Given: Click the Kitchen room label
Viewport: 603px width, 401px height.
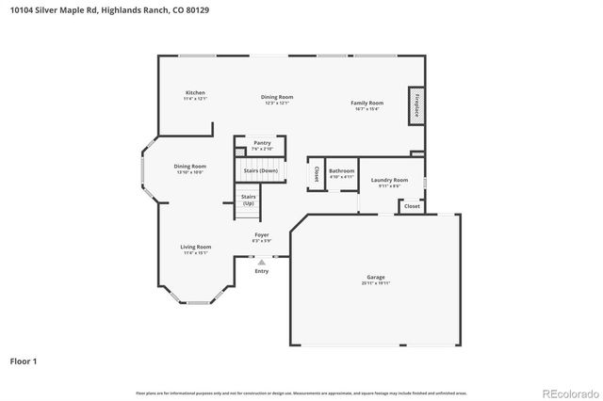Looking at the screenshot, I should pos(195,92).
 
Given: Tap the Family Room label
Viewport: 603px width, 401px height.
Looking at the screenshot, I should pos(367,103).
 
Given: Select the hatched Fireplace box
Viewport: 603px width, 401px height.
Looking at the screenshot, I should pos(415,106).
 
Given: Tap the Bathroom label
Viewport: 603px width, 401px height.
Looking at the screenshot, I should pos(341,170).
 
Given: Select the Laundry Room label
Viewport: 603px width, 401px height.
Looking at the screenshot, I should pos(389,180).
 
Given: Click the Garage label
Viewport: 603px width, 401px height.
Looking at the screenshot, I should pos(376,277).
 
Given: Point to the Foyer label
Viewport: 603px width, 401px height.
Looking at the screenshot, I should pos(262,234).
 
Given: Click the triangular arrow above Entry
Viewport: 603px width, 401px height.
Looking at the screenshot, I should pos(262,263).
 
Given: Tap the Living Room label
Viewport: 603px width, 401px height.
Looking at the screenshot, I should pos(195,247).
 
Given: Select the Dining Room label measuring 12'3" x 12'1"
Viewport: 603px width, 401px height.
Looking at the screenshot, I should pos(277,97).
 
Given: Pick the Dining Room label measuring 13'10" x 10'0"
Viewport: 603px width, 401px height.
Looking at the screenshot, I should pos(189,167).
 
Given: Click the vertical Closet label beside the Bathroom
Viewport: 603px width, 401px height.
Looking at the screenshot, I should pos(314,173).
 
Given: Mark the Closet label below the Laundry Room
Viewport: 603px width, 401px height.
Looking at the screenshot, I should pos(412,205).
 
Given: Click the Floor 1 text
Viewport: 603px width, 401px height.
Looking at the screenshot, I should pos(24,361).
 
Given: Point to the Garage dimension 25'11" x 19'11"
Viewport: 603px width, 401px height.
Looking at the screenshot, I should pos(376,283).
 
